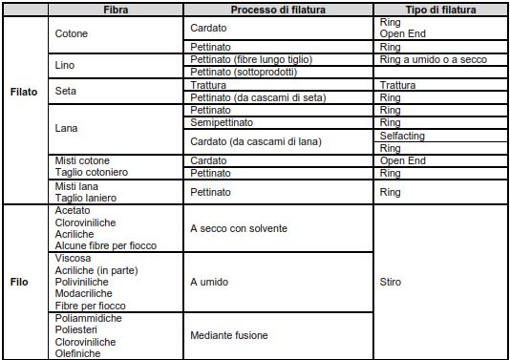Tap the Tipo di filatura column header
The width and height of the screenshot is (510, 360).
pyautogui.click(x=440, y=9)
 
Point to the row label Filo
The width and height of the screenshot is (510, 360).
pyautogui.click(x=20, y=283)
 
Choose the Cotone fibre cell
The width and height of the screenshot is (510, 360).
pyautogui.click(x=73, y=33)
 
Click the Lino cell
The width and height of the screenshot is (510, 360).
pyautogui.click(x=67, y=66)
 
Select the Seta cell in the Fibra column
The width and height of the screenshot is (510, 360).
pyautogui.click(x=67, y=92)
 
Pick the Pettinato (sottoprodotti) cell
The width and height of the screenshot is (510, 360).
pyautogui.click(x=244, y=72)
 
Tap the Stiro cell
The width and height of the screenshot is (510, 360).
pyautogui.click(x=391, y=283)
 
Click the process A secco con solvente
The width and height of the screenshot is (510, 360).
pyautogui.click(x=239, y=229)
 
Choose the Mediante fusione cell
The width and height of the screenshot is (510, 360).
pyautogui.click(x=229, y=335)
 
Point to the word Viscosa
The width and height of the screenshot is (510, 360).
pyautogui.click(x=74, y=258)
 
